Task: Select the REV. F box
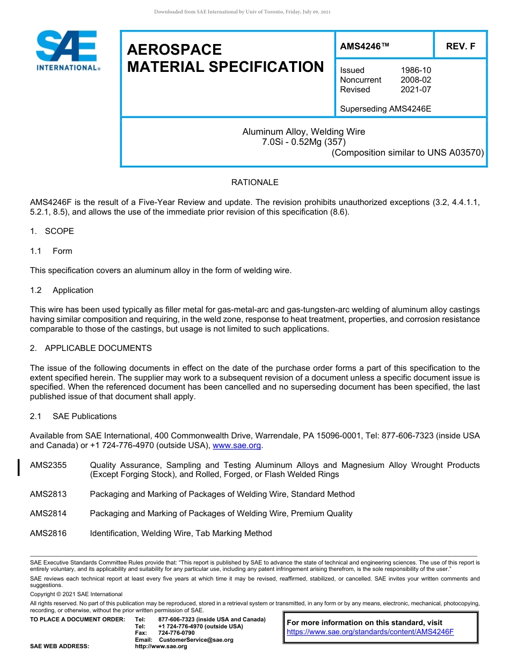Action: pos(461,47)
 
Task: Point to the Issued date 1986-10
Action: pos(416,70)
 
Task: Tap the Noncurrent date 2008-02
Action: pos(416,80)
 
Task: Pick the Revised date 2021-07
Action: pos(416,90)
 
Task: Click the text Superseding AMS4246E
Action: pos(385,109)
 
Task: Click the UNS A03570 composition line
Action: pos(407,152)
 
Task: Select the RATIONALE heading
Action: pos(254,182)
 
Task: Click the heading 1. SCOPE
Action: pos(52,231)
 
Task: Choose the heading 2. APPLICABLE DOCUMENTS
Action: pos(91,348)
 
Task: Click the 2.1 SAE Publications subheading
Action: pos(73,416)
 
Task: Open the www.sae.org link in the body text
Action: pos(237,445)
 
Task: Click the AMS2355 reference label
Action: pos(48,465)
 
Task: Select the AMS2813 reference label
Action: pos(48,494)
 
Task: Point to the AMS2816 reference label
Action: pos(48,533)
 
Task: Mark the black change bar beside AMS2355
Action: pos(19,467)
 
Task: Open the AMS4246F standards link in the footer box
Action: pos(370,632)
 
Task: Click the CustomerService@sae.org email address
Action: pos(196,640)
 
